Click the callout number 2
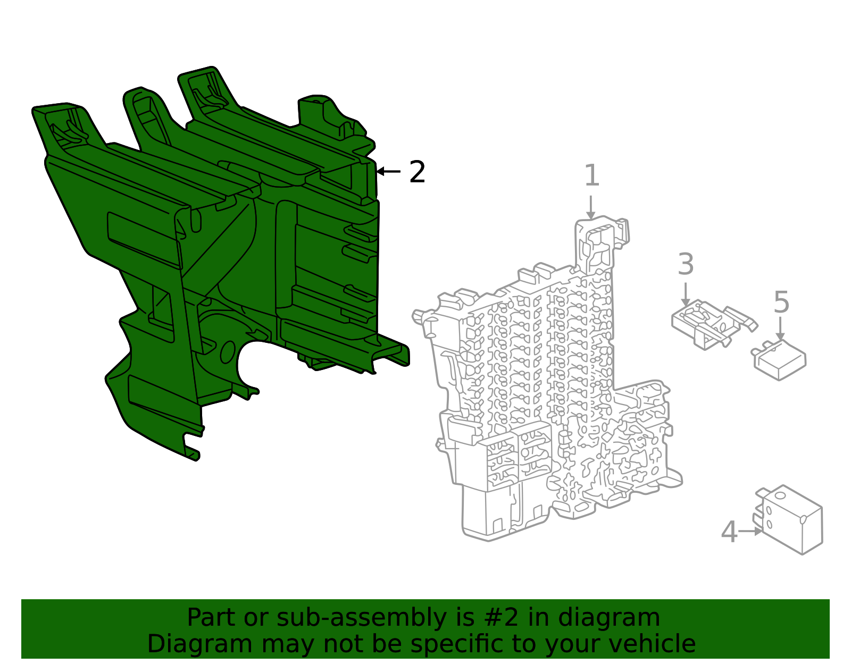click(x=418, y=172)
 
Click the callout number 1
click(x=591, y=176)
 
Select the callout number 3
click(x=686, y=265)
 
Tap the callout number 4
click(x=729, y=532)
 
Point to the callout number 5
click(x=781, y=303)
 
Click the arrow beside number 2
click(x=388, y=171)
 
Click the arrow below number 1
click(x=591, y=207)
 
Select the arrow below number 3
click(x=686, y=294)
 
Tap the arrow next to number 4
click(x=750, y=531)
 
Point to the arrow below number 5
click(x=780, y=329)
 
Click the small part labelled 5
click(x=780, y=360)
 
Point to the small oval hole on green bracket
click(x=227, y=352)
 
